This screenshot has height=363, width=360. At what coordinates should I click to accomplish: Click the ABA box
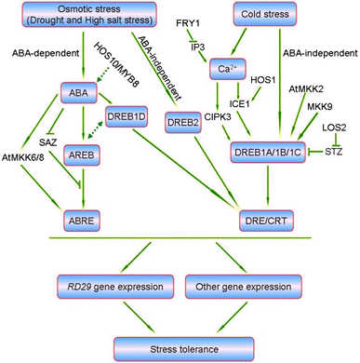(76, 92)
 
